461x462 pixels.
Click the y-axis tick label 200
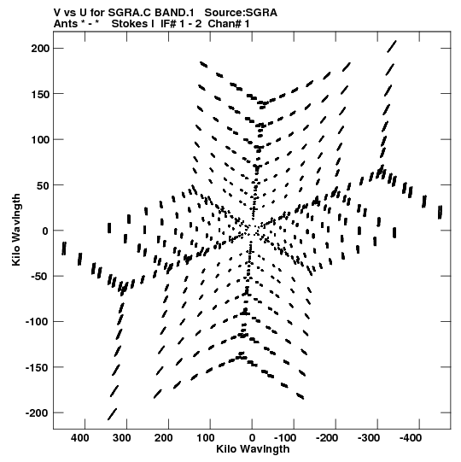41,49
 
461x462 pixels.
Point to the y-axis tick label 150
41,94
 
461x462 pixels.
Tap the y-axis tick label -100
38,322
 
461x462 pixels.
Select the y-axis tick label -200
38,413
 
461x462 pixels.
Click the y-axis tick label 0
45,231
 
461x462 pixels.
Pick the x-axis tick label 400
80,438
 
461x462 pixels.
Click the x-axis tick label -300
369,438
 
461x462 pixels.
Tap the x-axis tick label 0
252,438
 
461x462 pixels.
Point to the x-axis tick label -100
285,438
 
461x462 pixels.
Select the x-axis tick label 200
164,438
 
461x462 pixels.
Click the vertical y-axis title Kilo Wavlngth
16,230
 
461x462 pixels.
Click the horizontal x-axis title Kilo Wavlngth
253,449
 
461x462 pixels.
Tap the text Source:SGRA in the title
241,13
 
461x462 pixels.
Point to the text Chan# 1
229,24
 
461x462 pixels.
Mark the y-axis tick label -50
41,277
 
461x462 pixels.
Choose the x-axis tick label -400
411,438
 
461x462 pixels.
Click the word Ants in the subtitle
66,24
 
